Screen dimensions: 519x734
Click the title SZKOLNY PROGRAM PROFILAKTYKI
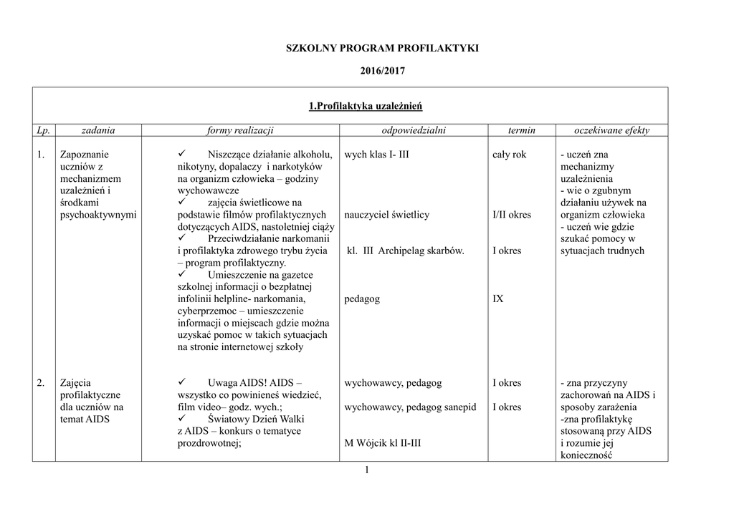click(x=381, y=49)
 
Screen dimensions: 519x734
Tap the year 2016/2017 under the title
click(x=382, y=72)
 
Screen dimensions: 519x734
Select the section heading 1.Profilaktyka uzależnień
click(x=365, y=107)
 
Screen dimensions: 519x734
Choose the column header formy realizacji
click(x=240, y=130)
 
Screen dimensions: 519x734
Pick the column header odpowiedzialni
click(x=414, y=130)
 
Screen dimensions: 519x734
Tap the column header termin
click(x=521, y=130)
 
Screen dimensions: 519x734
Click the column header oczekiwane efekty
click(x=611, y=130)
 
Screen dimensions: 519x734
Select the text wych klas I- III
click(x=376, y=155)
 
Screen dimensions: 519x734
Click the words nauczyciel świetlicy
click(x=386, y=215)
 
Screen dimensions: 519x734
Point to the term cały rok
click(x=509, y=155)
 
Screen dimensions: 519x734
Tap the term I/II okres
click(x=512, y=215)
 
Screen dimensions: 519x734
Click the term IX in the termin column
click(x=497, y=299)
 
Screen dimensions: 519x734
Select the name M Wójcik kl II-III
click(x=382, y=443)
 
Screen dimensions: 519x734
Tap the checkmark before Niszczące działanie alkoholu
click(x=181, y=154)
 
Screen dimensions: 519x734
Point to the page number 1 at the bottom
click(x=366, y=470)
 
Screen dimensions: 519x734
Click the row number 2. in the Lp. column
click(x=42, y=384)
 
